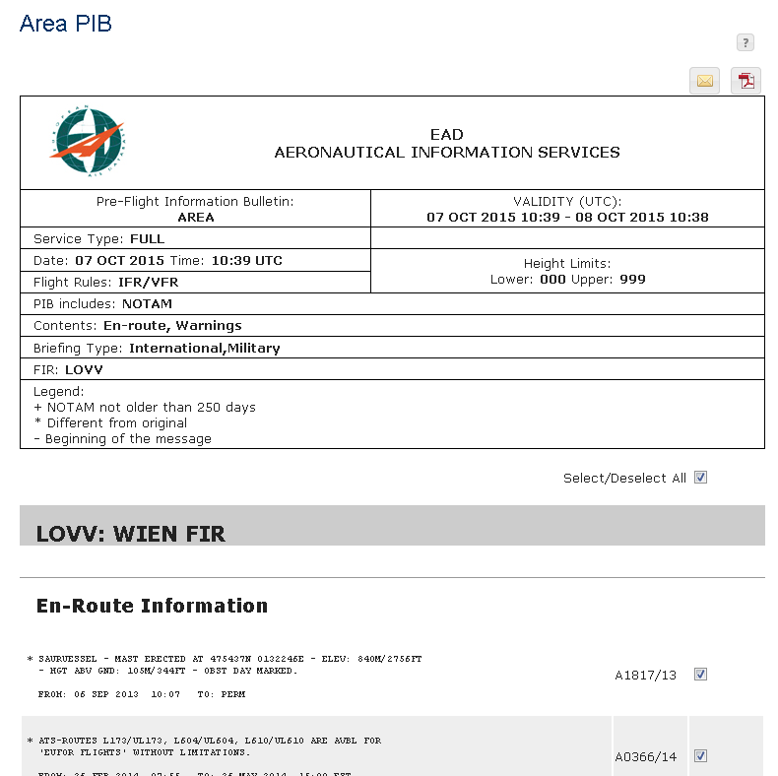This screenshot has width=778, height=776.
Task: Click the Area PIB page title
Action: coord(65,24)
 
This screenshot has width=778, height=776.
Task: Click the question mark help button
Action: coord(746,42)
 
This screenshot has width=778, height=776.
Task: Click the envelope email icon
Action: coord(704,81)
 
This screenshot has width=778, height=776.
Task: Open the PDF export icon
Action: coord(746,81)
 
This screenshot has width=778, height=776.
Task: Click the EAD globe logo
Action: coord(88,141)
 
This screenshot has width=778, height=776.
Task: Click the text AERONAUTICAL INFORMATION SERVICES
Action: coord(447,153)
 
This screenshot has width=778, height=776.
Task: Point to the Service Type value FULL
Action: coord(147,239)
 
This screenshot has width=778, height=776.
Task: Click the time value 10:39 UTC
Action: coord(245,261)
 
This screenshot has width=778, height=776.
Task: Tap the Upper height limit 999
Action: coord(633,280)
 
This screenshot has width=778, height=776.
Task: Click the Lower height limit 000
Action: coord(552,280)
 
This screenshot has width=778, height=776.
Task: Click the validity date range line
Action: coord(567,218)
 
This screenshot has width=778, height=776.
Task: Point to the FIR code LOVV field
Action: coord(84,370)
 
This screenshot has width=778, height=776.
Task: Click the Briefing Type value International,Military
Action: coord(204,349)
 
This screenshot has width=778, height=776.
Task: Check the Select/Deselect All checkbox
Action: coord(701,478)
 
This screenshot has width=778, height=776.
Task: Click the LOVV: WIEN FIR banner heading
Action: coord(130,535)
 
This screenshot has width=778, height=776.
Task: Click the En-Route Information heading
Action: coord(152,606)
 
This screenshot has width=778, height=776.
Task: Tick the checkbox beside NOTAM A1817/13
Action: coord(701,675)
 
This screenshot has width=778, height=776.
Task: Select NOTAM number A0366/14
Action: coord(646,757)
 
